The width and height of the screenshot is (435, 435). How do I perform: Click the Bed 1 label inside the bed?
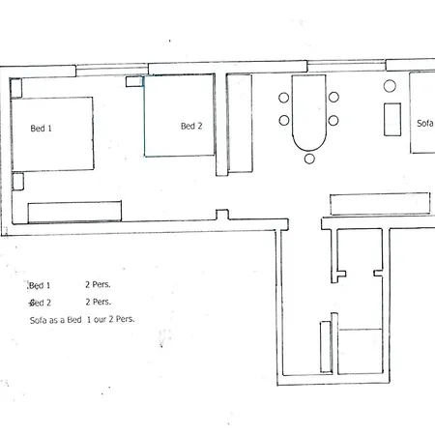point(41,129)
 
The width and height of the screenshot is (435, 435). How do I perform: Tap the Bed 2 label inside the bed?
point(191,126)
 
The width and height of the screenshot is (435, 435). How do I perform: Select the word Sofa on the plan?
point(425,123)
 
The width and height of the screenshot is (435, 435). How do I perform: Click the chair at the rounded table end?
point(309,159)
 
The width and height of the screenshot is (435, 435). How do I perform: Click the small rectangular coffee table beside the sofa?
point(392,120)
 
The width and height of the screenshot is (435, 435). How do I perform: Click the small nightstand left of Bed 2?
point(134,81)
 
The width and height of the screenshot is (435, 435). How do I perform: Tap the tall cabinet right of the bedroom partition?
point(240,124)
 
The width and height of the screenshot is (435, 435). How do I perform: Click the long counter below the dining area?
point(380,204)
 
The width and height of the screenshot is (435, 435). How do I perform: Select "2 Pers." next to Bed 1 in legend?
point(98,284)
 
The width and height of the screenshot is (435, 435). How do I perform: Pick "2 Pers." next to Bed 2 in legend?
point(99,302)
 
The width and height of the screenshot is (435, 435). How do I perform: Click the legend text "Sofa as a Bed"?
point(55,320)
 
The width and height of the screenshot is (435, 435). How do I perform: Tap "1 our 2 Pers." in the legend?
point(110,319)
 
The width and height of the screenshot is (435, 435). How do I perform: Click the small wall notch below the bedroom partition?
point(222,215)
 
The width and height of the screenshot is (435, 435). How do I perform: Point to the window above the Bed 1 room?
point(112,70)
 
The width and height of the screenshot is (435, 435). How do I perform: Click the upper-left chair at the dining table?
point(284,98)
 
